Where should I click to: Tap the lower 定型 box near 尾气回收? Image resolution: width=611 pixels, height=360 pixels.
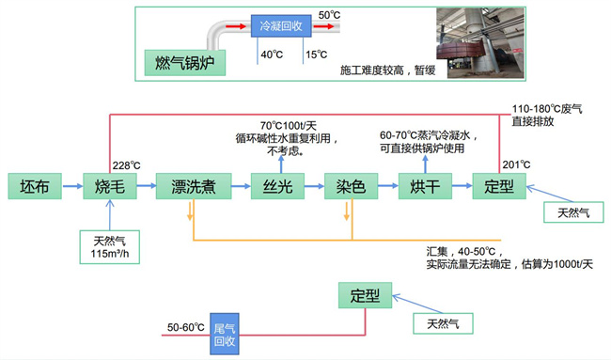(x=364, y=296)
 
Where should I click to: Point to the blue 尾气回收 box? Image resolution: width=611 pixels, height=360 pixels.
(x=223, y=334)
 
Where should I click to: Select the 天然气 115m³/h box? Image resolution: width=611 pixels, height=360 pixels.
(x=110, y=246)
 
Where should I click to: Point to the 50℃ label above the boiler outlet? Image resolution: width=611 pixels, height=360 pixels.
(x=329, y=16)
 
